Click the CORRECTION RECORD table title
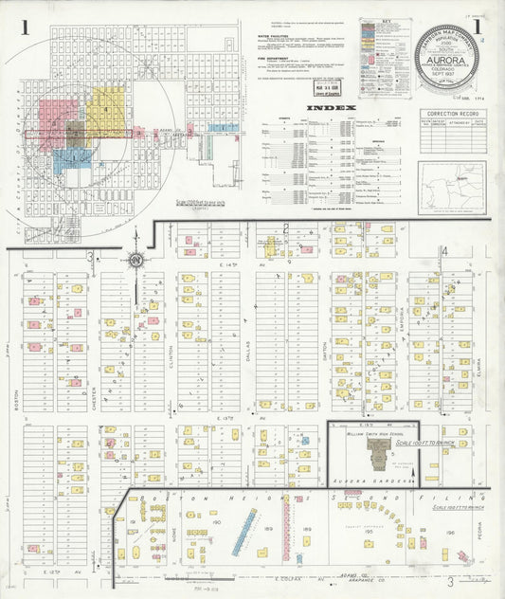click(452, 113)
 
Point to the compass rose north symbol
click(135, 261)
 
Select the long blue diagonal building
click(243, 528)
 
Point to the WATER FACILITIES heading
click(285, 39)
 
